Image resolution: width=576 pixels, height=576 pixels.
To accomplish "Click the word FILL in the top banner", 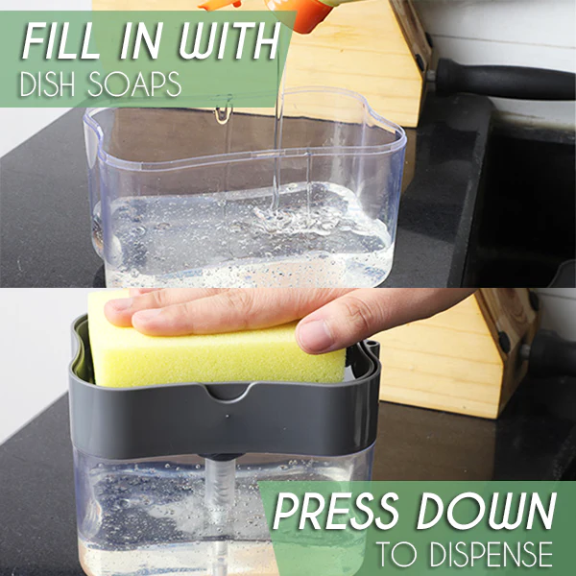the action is (x=61, y=41).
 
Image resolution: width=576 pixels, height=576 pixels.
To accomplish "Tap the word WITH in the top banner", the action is (x=229, y=40).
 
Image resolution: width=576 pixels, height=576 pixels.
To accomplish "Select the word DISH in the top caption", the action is (x=47, y=84).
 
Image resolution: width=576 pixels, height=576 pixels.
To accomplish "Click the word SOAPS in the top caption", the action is (x=134, y=84).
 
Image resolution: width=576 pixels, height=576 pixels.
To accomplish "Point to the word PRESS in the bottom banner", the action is (x=336, y=511).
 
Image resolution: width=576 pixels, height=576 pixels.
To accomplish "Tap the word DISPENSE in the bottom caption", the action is (x=492, y=554).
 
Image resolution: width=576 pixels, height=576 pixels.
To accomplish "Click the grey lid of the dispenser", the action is (x=224, y=419).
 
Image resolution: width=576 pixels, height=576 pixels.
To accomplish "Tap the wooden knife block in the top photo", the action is (x=352, y=62).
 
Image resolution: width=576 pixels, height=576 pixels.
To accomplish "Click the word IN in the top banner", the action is (x=141, y=41).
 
